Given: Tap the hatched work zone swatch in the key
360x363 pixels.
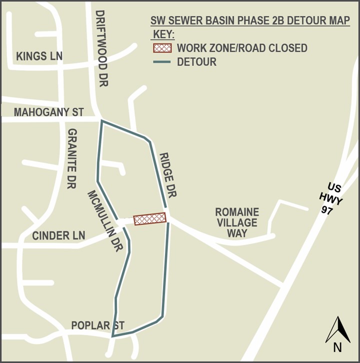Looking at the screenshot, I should coord(162,48).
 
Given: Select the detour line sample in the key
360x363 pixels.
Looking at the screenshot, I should coord(162,62).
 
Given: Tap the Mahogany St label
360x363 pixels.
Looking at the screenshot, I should coord(48,112).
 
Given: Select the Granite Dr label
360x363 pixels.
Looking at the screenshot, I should coord(72,158).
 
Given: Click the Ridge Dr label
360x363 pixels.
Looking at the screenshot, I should coord(168,174).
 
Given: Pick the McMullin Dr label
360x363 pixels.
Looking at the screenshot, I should coord(105,220).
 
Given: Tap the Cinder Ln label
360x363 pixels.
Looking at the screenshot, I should coord(58,235).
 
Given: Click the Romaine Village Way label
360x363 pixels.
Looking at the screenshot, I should coord(237,222).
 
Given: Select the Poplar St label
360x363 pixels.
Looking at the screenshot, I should coord(97,325).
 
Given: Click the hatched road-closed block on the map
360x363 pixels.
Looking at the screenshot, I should coord(149,218).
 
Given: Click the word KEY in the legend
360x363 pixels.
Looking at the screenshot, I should coord(162,35).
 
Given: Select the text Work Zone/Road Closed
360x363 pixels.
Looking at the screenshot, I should coord(242,48).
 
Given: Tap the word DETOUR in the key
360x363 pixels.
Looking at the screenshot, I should coord(196,62).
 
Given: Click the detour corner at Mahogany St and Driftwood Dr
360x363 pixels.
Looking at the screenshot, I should coord(102,120).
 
